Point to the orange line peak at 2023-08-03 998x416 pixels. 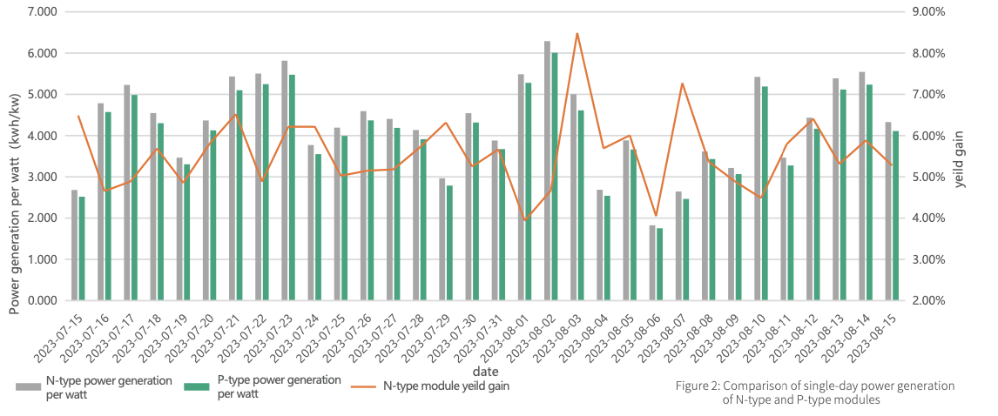coord(577,34)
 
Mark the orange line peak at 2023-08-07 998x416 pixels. coord(682,84)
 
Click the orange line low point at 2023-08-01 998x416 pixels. coord(525,220)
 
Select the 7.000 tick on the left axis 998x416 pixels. coord(43,12)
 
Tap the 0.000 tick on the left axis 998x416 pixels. coord(43,301)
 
